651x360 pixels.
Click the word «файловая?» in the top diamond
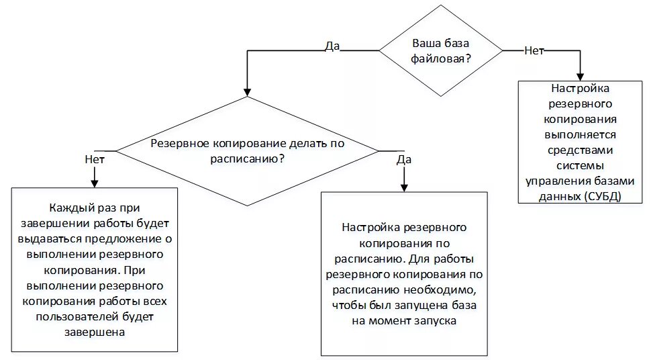440,58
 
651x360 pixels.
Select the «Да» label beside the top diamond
332,46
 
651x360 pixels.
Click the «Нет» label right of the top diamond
534,50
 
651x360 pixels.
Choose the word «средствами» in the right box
579,149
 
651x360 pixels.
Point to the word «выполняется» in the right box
579,134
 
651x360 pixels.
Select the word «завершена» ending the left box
95,332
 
